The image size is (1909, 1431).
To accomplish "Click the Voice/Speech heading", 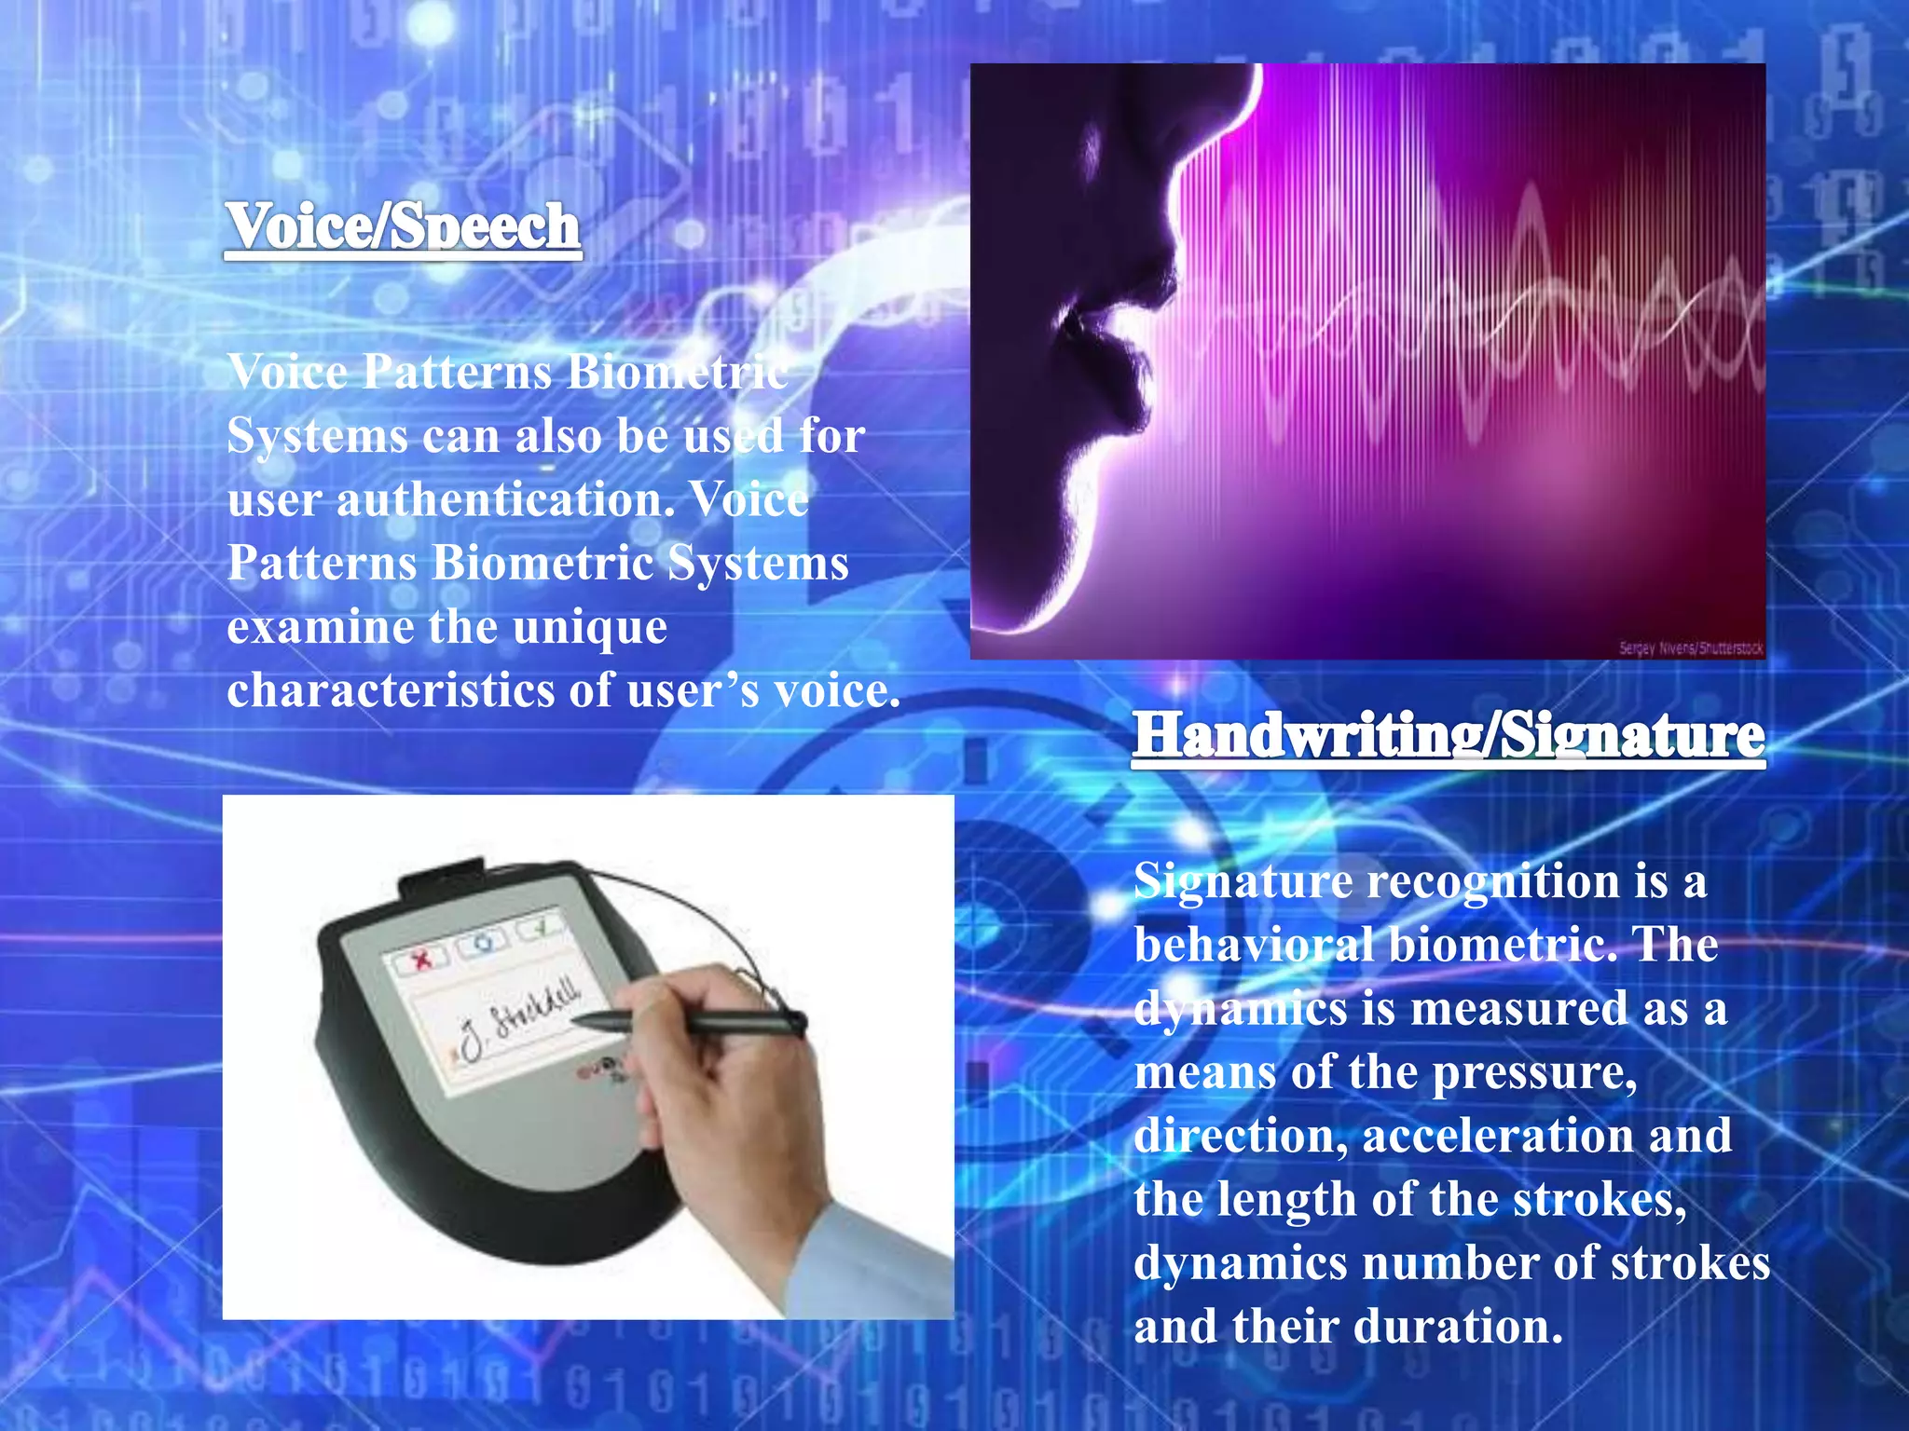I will pyautogui.click(x=403, y=226).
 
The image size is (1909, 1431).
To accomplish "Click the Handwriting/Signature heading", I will pyautogui.click(x=1449, y=736).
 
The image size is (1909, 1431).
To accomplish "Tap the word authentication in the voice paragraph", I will pyautogui.click(x=504, y=500).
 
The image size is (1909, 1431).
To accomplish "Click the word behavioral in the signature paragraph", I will pyautogui.click(x=1254, y=946).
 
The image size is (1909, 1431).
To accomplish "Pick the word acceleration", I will pyautogui.click(x=1499, y=1137).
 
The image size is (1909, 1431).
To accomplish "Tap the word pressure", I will pyautogui.click(x=1534, y=1073).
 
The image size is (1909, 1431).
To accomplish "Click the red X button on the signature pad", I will pyautogui.click(x=422, y=957).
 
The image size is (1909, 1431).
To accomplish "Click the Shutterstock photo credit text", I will pyautogui.click(x=1690, y=648).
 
